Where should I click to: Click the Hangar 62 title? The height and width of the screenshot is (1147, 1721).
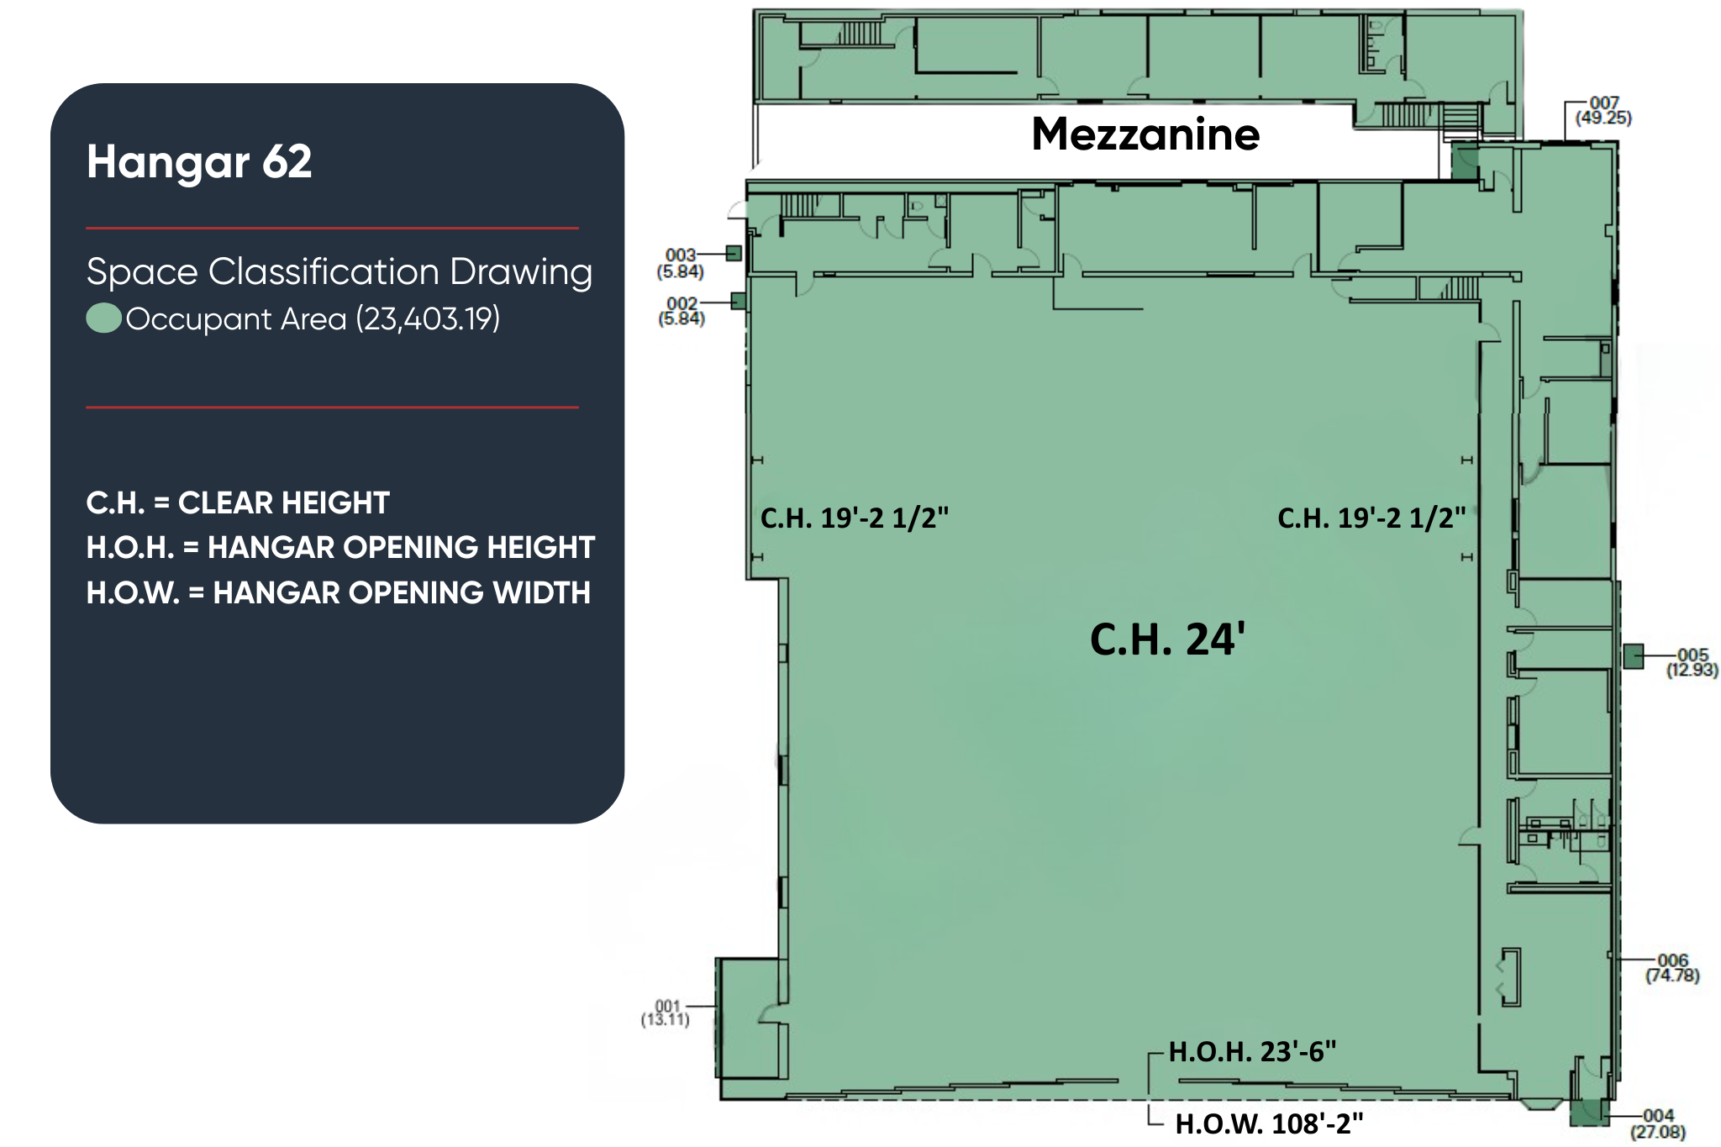[199, 160]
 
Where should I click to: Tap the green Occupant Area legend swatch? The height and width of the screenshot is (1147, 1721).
[104, 318]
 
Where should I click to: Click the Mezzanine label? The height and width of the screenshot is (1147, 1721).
[1145, 134]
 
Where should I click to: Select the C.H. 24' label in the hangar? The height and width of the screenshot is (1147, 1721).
[1167, 639]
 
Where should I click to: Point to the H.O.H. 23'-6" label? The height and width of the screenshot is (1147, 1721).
[1252, 1051]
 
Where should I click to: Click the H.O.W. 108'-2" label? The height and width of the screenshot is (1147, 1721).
[1269, 1123]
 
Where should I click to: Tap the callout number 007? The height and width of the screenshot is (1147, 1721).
[1604, 103]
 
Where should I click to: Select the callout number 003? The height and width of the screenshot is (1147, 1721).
[681, 255]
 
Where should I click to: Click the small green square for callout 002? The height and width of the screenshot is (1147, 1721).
[739, 301]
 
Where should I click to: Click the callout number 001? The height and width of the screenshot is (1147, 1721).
[667, 1006]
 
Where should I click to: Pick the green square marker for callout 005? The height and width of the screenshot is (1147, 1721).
[1633, 656]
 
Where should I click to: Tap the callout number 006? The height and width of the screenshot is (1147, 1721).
[1672, 960]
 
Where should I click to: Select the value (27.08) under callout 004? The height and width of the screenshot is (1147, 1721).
[1658, 1132]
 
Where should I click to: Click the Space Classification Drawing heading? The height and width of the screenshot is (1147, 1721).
[339, 271]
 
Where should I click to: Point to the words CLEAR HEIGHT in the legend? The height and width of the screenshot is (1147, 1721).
[284, 502]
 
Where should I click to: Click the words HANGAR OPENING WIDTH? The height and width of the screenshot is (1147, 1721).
[402, 592]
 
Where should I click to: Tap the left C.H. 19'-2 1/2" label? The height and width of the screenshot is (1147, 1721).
[855, 518]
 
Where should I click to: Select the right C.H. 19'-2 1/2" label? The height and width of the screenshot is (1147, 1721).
[1371, 518]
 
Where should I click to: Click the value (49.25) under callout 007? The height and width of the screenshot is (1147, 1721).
[1603, 118]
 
